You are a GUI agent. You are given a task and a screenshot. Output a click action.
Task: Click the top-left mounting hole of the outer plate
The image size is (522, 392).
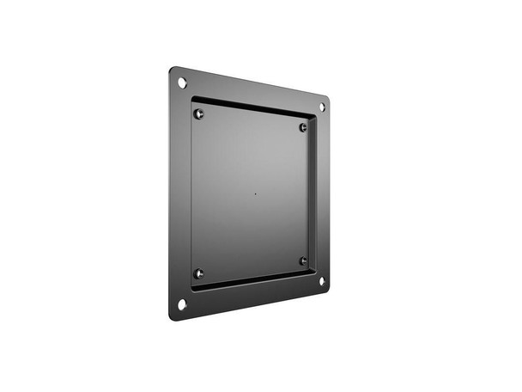[182, 82]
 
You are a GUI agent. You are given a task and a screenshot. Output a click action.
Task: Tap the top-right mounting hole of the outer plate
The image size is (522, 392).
[322, 107]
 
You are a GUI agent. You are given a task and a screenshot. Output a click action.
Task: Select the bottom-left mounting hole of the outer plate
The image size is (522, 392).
[182, 303]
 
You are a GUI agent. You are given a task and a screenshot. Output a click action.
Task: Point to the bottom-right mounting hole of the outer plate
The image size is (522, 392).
[322, 280]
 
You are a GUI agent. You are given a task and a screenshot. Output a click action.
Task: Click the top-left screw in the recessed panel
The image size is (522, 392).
[199, 113]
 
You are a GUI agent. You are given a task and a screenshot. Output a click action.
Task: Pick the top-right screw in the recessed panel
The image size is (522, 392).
[303, 127]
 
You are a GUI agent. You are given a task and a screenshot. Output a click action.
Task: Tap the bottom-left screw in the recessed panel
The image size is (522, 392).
[199, 273]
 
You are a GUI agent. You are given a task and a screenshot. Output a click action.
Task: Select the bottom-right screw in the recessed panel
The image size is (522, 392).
[303, 260]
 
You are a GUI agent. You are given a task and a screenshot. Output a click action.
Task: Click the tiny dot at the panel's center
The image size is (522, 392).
[254, 193]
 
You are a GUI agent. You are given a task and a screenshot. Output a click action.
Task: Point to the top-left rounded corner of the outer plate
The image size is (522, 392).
[172, 70]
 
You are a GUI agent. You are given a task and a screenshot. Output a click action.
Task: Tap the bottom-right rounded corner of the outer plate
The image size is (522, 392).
[327, 290]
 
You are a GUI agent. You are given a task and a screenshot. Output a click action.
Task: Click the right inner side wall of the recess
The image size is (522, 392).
[312, 193]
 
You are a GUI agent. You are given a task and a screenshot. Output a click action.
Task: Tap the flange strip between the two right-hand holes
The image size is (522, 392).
[322, 193]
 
